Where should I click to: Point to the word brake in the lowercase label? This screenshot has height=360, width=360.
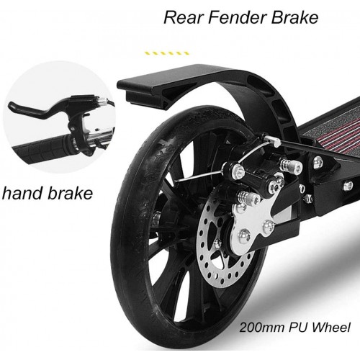(x=70, y=193)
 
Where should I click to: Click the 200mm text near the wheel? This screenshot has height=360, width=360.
(x=261, y=327)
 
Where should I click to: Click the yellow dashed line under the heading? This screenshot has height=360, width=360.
(x=166, y=53)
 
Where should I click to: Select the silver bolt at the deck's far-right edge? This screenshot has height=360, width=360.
(x=348, y=186)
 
